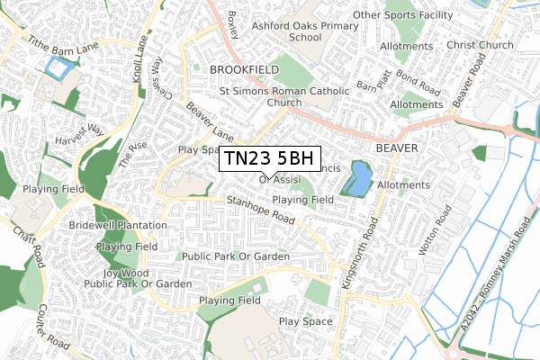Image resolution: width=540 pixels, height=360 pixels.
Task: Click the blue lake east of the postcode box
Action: pos(357,179)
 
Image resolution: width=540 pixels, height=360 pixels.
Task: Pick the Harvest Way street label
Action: pos(78,139)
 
